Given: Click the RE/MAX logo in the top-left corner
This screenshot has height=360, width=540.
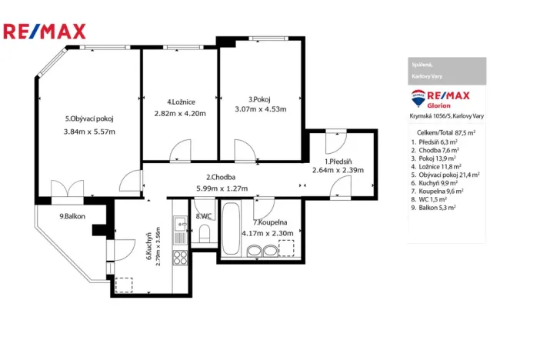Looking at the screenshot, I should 45,32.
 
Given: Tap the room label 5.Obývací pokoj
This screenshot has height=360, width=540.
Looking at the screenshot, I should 89,118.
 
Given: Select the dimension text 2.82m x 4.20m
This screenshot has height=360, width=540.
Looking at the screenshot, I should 181,113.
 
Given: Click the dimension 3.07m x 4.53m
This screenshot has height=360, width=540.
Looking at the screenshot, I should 261,109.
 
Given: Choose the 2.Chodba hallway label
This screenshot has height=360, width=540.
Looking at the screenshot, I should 220,178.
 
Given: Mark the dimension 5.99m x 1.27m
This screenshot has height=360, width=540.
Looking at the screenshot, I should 222,188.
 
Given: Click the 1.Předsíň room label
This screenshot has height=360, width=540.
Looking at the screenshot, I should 338,162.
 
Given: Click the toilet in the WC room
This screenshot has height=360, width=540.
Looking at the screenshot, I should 204,234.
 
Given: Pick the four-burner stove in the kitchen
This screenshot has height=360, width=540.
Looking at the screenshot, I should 180,258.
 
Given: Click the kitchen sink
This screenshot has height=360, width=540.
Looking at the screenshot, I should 179,225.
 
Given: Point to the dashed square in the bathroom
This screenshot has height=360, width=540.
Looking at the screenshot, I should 286,248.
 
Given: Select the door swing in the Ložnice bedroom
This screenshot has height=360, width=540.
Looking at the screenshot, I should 180,150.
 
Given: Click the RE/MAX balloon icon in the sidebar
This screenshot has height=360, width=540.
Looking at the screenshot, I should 420,98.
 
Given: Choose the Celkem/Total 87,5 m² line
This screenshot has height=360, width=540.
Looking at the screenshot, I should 445,133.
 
